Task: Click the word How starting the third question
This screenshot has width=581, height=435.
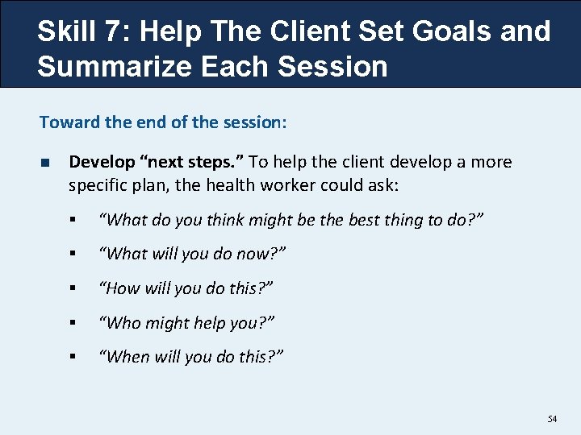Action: tap(123, 288)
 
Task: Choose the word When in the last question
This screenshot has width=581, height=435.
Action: tap(127, 356)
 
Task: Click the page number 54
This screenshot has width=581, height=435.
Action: tap(552, 419)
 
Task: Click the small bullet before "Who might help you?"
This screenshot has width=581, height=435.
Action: tap(73, 322)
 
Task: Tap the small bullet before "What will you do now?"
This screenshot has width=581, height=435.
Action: tap(73, 254)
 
